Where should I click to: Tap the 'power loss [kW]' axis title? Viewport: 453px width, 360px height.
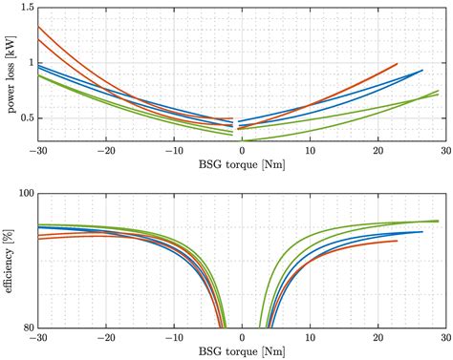(x=9, y=73)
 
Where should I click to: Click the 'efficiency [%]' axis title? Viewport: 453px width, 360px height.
(x=9, y=260)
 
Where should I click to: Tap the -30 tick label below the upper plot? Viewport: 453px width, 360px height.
(x=37, y=151)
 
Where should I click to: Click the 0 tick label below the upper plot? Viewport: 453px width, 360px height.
(x=242, y=151)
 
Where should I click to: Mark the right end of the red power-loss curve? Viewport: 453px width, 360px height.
(x=397, y=64)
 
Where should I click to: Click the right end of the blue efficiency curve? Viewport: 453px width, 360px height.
(x=421, y=232)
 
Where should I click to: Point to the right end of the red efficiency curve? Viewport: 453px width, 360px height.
(x=397, y=241)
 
